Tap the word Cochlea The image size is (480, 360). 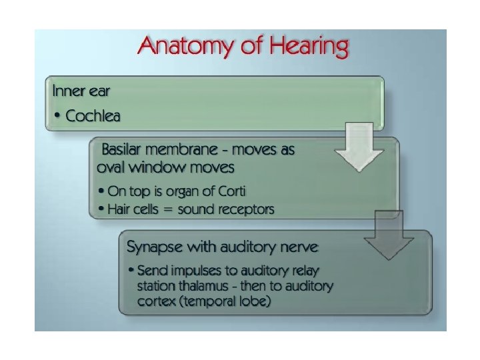pyautogui.click(x=93, y=116)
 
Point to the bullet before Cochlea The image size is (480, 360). pyautogui.click(x=59, y=117)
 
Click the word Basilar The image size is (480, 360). pyautogui.click(x=123, y=150)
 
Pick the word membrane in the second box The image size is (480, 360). pyautogui.click(x=189, y=150)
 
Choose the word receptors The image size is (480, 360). pyautogui.click(x=247, y=209)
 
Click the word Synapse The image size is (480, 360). pyautogui.click(x=155, y=247)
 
